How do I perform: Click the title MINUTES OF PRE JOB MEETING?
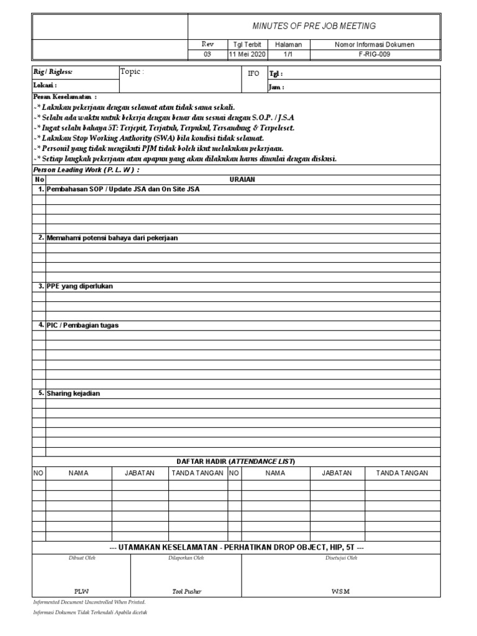[314, 26]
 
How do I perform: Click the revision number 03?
[207, 54]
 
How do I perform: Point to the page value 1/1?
[288, 54]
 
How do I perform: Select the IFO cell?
[253, 73]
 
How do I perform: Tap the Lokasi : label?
[45, 85]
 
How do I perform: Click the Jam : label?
[276, 87]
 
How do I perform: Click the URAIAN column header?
[242, 179]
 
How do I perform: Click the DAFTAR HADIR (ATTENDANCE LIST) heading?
[236, 461]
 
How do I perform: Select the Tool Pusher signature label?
[187, 592]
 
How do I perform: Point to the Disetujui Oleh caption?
[341, 558]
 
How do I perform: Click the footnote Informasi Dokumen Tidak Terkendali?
[90, 612]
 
